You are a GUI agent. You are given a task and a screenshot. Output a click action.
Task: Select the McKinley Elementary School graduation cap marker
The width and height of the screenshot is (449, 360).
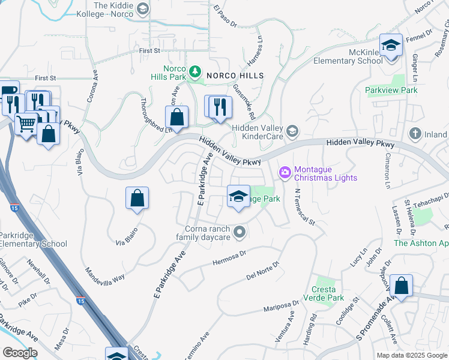(x=391, y=46)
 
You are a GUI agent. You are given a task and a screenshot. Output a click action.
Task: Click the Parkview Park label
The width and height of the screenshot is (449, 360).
(x=391, y=90)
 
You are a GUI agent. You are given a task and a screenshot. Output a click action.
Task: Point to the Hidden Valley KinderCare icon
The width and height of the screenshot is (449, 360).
(x=292, y=131)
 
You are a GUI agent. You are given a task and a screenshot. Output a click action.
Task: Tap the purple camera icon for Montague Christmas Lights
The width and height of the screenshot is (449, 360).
(x=285, y=173)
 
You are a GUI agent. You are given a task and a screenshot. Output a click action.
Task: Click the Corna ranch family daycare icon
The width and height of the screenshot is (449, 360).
(x=240, y=232)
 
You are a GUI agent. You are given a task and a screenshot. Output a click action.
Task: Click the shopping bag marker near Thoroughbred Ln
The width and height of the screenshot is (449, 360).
(x=176, y=118)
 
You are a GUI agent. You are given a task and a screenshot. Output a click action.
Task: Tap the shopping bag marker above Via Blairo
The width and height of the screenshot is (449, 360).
(x=137, y=198)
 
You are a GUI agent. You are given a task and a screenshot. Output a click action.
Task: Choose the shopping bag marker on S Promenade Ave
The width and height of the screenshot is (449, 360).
(x=401, y=286)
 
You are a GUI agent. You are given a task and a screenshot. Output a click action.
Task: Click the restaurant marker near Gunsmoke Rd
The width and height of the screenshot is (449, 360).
(x=220, y=107)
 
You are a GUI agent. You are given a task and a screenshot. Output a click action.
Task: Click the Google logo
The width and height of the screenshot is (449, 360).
(x=20, y=353)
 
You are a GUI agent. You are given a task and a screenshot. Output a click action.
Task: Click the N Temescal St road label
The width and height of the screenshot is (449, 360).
(x=305, y=206)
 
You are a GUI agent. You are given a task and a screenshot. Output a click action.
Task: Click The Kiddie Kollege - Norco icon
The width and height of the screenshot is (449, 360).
(x=143, y=8)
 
